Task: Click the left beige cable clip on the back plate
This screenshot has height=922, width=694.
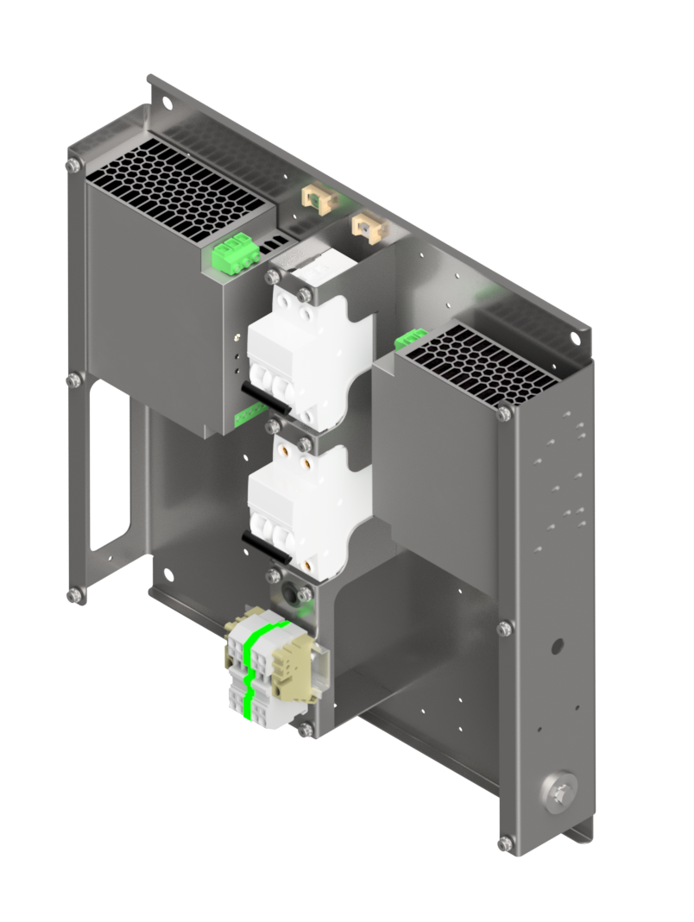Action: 316,198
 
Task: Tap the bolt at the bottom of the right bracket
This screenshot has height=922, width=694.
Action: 506,842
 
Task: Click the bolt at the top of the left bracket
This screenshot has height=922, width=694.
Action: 74,164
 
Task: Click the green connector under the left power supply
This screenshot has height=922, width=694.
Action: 250,417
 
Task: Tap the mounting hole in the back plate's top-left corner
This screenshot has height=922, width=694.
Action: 167,104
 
